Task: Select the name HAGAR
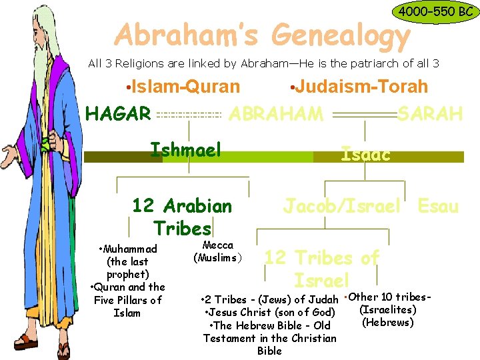pyautogui.click(x=118, y=115)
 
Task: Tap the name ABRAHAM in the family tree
pyautogui.click(x=276, y=114)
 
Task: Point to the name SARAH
pyautogui.click(x=430, y=114)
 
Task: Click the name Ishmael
pyautogui.click(x=185, y=149)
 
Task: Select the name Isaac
pyautogui.click(x=365, y=155)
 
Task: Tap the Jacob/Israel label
pyautogui.click(x=342, y=206)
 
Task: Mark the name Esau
pyautogui.click(x=438, y=206)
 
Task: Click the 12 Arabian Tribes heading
pyautogui.click(x=182, y=217)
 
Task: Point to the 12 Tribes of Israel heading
pyautogui.click(x=322, y=268)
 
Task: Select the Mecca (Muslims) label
pyautogui.click(x=218, y=251)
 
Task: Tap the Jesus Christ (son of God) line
pyautogui.click(x=269, y=312)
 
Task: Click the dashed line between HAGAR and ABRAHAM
pyautogui.click(x=189, y=115)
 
